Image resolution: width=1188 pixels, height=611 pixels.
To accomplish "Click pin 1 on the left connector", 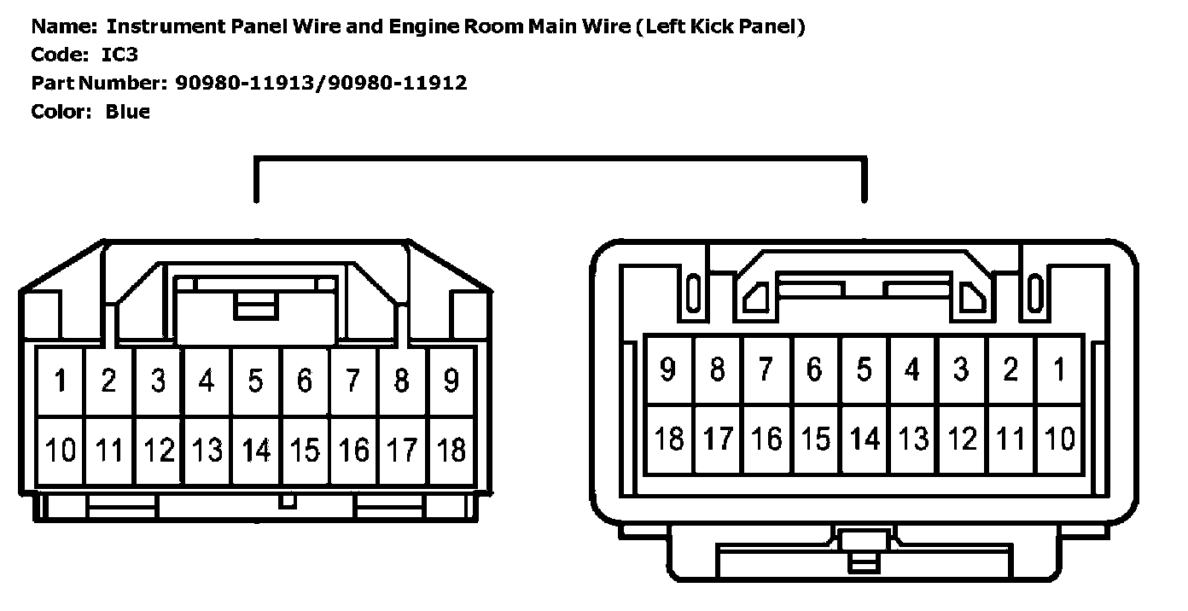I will point(60,381).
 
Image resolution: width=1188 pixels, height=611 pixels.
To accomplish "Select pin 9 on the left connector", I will point(451,381).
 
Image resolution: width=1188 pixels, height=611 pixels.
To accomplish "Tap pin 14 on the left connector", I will point(255,449).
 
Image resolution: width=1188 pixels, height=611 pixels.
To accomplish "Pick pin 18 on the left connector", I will point(451,449).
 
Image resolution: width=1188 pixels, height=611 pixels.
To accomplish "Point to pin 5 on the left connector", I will point(255,381).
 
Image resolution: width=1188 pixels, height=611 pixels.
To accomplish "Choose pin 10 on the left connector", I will point(60,449).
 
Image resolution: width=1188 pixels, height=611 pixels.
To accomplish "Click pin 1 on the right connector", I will point(1059,370).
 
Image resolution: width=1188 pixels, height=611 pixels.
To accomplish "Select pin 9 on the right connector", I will point(668,370).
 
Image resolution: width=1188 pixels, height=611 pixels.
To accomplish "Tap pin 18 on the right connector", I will point(668,439).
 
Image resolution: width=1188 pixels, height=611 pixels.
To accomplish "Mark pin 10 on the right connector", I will point(1059,439).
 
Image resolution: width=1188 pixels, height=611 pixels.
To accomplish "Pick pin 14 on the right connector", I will point(864,439).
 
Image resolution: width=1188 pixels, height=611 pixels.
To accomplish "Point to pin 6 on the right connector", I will point(815,370).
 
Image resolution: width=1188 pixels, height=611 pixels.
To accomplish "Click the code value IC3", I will point(119,55).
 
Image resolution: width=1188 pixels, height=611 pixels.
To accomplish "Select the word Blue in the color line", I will point(127,112).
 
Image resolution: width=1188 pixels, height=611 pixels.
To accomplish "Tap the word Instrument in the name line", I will point(165,26).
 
